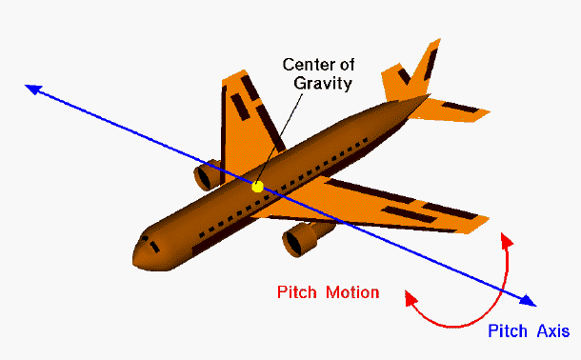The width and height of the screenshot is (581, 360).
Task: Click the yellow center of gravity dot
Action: point(257,187)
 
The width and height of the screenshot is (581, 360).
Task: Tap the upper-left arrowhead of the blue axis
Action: point(32,89)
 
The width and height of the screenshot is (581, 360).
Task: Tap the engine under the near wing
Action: point(300,239)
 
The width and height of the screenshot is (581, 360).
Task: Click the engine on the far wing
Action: point(206,176)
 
